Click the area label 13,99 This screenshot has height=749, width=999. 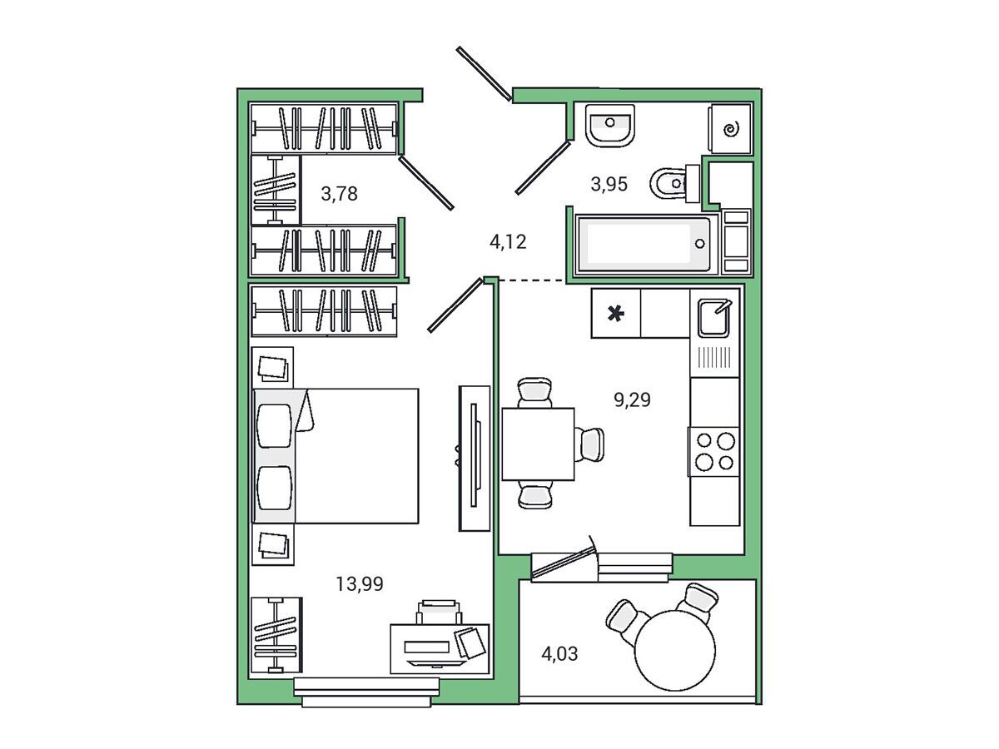359,584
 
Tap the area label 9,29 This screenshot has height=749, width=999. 632,399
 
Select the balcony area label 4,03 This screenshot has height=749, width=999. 559,653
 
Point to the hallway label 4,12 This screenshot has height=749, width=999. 508,242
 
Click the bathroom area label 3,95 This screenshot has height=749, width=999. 609,184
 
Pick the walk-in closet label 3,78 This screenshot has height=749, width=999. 339,194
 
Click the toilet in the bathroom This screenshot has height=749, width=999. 674,184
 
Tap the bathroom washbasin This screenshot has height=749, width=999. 610,126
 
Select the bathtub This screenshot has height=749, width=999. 645,244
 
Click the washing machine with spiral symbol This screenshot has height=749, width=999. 730,129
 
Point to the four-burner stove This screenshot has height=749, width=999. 713,452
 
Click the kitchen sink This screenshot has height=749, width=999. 713,317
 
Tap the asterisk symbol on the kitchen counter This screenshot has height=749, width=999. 615,314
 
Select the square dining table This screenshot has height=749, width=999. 538,444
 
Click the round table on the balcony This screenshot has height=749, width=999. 674,651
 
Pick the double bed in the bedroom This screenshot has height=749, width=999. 335,456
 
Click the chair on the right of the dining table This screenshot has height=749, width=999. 590,444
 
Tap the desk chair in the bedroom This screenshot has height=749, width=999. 439,612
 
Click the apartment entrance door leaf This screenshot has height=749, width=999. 484,73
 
